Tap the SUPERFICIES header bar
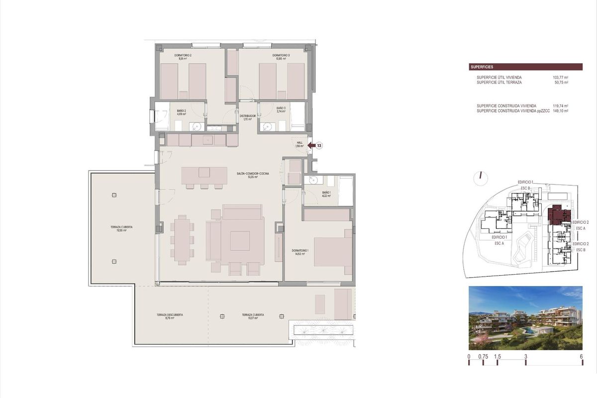[x=525, y=67]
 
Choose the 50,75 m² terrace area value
[x=561, y=83]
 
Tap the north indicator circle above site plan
[x=481, y=179]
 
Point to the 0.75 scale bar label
[x=483, y=357]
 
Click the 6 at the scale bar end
[x=581, y=357]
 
